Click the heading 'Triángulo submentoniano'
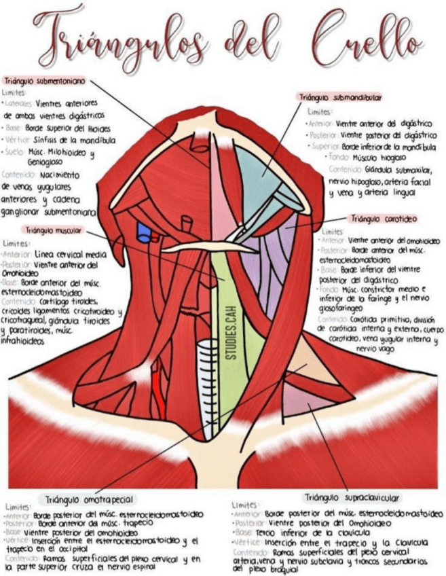pyautogui.click(x=44, y=80)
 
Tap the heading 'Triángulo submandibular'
pyautogui.click(x=339, y=98)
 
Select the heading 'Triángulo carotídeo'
pyautogui.click(x=383, y=219)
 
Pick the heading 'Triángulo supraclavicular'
pyautogui.click(x=352, y=497)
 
